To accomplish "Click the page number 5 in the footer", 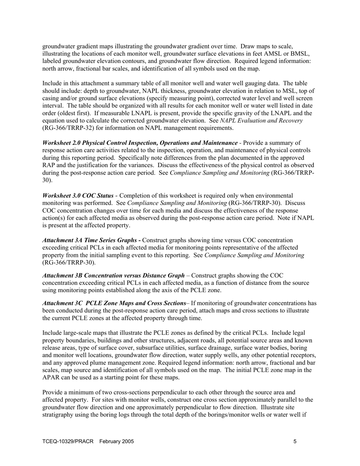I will pos(295,441).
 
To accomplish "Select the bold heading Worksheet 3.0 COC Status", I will pos(78,195).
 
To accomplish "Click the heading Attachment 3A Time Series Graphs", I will pos(89,240).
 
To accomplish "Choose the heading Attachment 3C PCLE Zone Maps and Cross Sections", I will pos(114,303).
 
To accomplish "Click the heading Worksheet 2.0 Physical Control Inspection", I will pos(140,143).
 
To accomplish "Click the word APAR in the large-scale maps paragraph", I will pos(51,377).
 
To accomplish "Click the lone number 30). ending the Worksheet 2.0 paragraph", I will pos(47,180).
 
